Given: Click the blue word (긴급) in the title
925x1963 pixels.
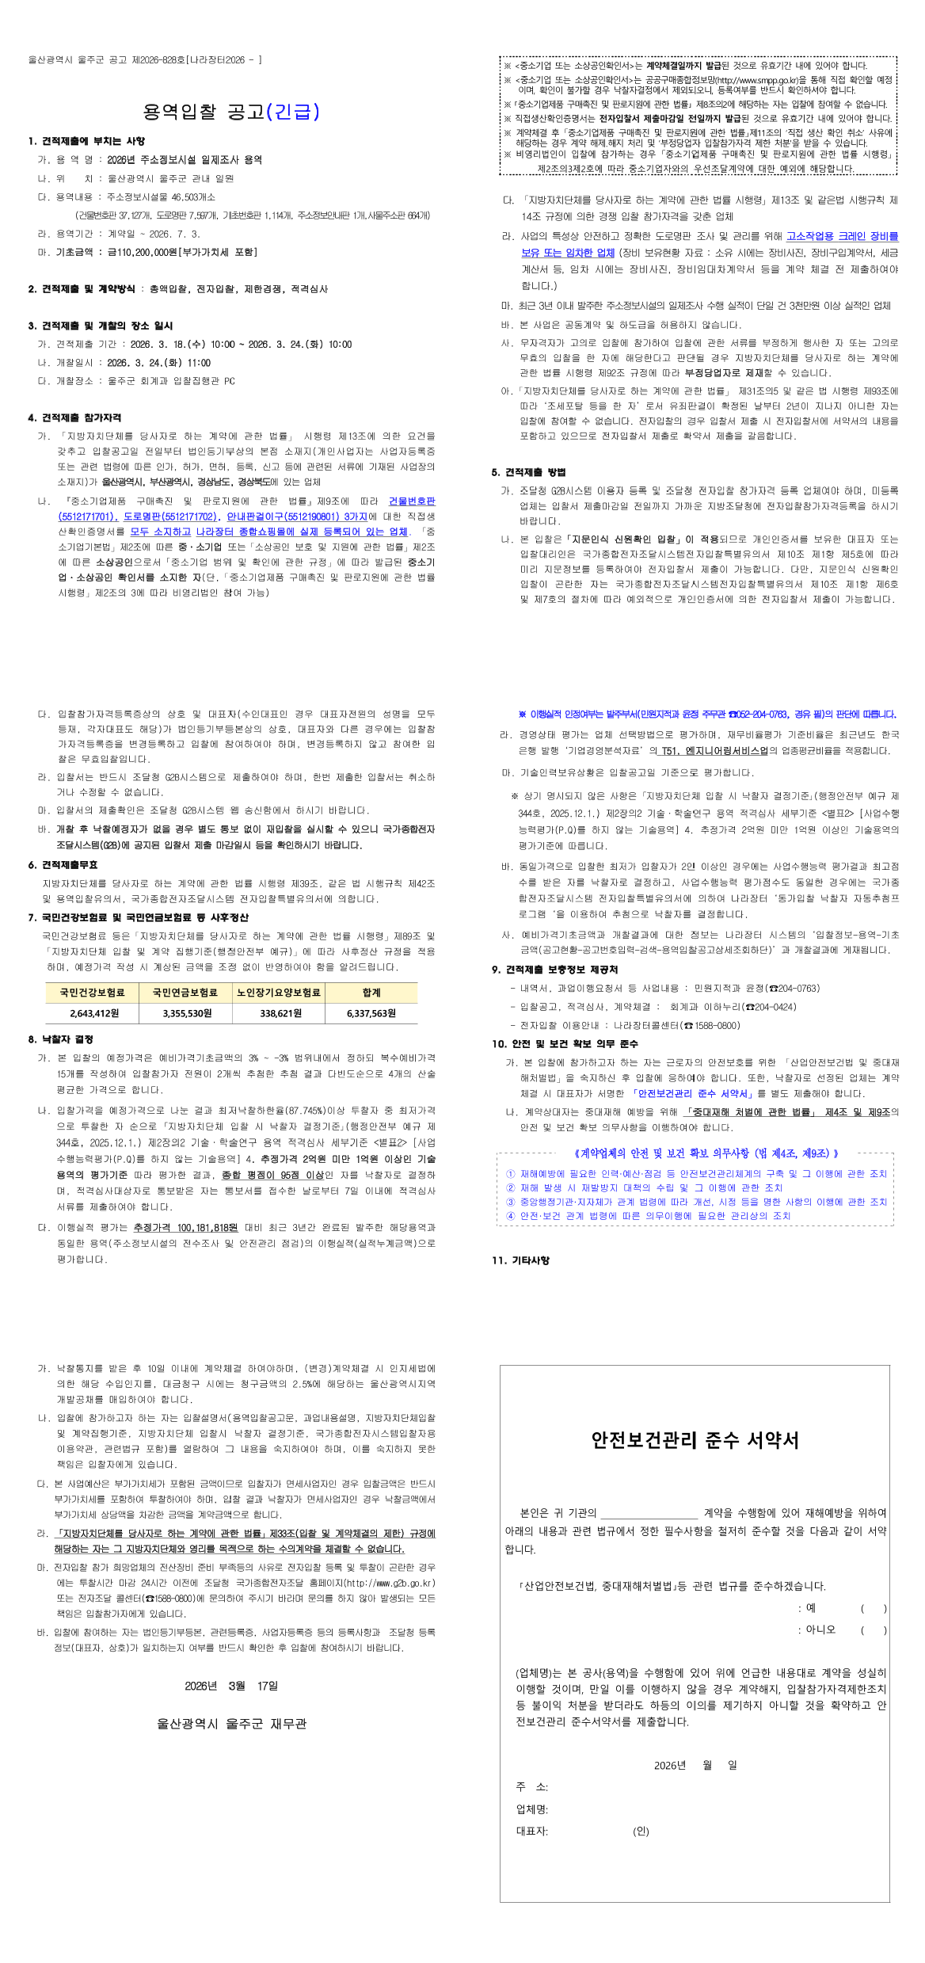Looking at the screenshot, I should click(293, 112).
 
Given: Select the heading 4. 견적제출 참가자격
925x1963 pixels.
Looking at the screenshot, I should click(74, 417).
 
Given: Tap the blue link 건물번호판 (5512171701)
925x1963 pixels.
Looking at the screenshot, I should click(411, 501).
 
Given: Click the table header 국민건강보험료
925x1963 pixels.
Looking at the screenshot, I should click(92, 993).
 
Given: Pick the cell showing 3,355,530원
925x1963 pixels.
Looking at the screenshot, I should click(187, 1013).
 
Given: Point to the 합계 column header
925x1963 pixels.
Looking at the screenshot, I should click(371, 993).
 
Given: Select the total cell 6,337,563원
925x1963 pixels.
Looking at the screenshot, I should click(371, 1013).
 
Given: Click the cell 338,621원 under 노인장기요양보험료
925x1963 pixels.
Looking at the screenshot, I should click(280, 1013).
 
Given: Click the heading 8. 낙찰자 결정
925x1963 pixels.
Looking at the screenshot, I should click(61, 1039).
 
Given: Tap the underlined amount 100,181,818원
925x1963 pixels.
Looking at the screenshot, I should click(185, 1228).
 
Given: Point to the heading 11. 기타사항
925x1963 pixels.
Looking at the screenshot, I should click(520, 1260).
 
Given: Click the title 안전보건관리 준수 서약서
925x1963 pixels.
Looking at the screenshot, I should click(695, 1440).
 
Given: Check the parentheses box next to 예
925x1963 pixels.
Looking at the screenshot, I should click(874, 1608).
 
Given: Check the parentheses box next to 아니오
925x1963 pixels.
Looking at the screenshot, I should click(874, 1629).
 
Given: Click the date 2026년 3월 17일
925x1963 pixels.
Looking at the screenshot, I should click(231, 1686).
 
